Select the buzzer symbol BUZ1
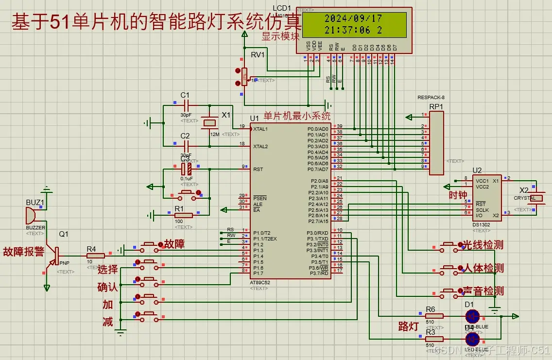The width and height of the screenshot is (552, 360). (x=31, y=215)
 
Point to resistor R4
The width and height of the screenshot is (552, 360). (x=95, y=256)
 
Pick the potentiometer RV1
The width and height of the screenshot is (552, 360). (x=244, y=76)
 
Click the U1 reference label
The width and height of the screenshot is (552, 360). (x=255, y=118)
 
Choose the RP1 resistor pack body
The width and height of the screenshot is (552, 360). (x=436, y=143)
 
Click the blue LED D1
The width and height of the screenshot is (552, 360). (x=471, y=316)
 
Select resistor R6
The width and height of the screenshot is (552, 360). (x=434, y=316)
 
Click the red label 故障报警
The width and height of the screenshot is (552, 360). (x=23, y=252)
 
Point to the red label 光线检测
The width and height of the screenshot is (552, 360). (x=483, y=245)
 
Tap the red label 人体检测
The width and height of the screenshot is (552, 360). (x=483, y=268)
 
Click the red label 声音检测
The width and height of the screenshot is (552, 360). (x=483, y=291)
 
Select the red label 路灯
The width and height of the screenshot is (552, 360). (x=408, y=326)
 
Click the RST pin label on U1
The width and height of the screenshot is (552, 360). (x=258, y=170)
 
